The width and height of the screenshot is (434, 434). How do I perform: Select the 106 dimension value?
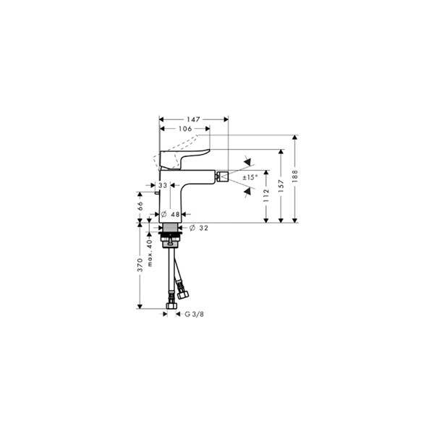click(185, 128)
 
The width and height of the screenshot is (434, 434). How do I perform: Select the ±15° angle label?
click(250, 176)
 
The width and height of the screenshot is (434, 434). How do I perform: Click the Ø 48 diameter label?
click(171, 214)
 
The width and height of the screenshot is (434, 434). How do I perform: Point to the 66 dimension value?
click(140, 207)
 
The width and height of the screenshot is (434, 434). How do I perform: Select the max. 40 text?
click(150, 254)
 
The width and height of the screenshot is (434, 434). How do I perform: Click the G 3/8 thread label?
click(195, 315)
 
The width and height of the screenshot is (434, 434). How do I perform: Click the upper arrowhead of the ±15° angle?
click(248, 161)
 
